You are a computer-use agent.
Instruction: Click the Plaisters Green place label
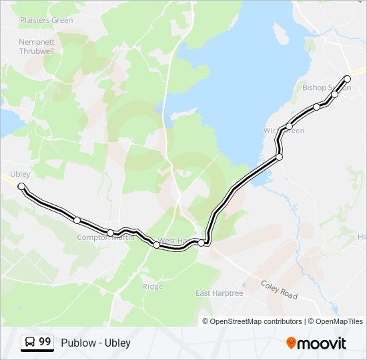(x=46, y=20)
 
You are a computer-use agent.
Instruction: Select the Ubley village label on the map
(x=20, y=174)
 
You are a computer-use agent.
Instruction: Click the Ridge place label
(x=152, y=287)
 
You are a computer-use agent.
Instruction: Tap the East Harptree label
(x=220, y=293)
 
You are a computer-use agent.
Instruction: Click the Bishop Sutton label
(x=325, y=87)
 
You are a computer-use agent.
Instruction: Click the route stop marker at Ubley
(x=21, y=186)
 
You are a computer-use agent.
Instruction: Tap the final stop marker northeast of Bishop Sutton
(x=347, y=79)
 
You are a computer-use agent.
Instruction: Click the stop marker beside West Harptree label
(x=201, y=243)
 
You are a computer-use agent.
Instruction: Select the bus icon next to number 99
(x=29, y=343)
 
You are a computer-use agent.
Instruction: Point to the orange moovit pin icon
(x=291, y=343)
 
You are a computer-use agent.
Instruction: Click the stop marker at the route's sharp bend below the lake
(x=279, y=157)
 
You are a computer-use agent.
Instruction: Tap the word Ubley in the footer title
(x=117, y=343)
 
